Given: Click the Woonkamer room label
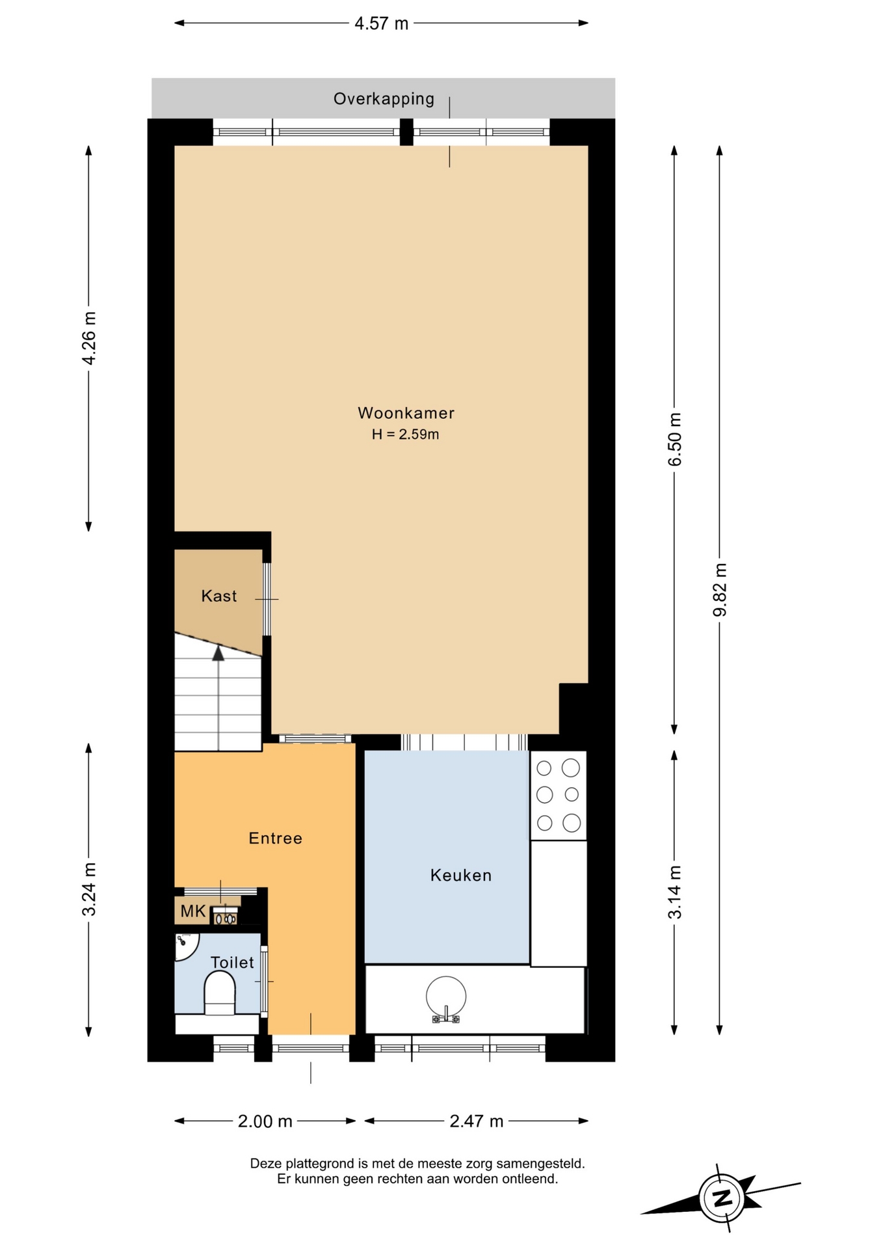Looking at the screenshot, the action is (x=406, y=413).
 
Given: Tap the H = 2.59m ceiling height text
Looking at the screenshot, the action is (x=405, y=435).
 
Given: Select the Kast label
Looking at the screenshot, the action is (x=219, y=596).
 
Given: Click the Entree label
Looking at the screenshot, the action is (x=276, y=838).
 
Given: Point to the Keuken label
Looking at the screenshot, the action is (x=461, y=875).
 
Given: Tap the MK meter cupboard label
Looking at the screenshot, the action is (x=193, y=911).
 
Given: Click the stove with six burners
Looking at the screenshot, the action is (x=559, y=795).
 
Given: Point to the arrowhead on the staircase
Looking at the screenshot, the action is (x=218, y=652).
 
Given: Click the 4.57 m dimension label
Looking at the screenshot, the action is (x=381, y=23).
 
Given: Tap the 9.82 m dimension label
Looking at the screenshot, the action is (x=720, y=589).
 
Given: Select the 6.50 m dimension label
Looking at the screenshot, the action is (x=675, y=439).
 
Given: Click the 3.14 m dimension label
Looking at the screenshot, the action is (x=675, y=892).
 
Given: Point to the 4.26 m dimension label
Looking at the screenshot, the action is (x=89, y=338).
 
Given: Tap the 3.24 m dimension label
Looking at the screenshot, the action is (x=89, y=889).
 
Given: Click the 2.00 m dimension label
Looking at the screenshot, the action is (x=265, y=1121).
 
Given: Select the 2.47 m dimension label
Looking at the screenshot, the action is (x=477, y=1121).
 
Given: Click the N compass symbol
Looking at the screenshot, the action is (x=722, y=1198).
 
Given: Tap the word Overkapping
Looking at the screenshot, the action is (x=384, y=99).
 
